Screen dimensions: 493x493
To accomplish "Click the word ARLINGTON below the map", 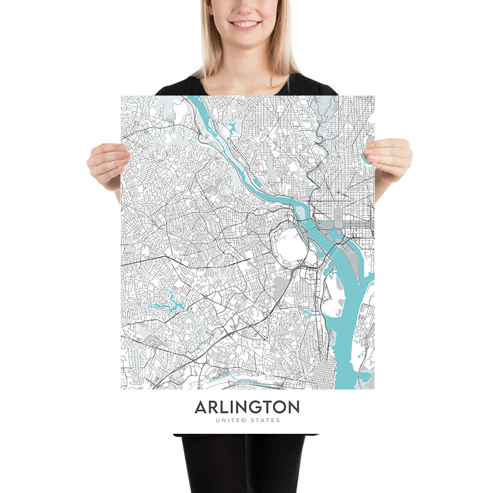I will [x=247, y=407].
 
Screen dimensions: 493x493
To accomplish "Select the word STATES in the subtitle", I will [x=266, y=421].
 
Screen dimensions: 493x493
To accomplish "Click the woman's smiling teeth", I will [x=246, y=24].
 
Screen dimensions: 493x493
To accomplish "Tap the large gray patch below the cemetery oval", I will [x=283, y=286].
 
